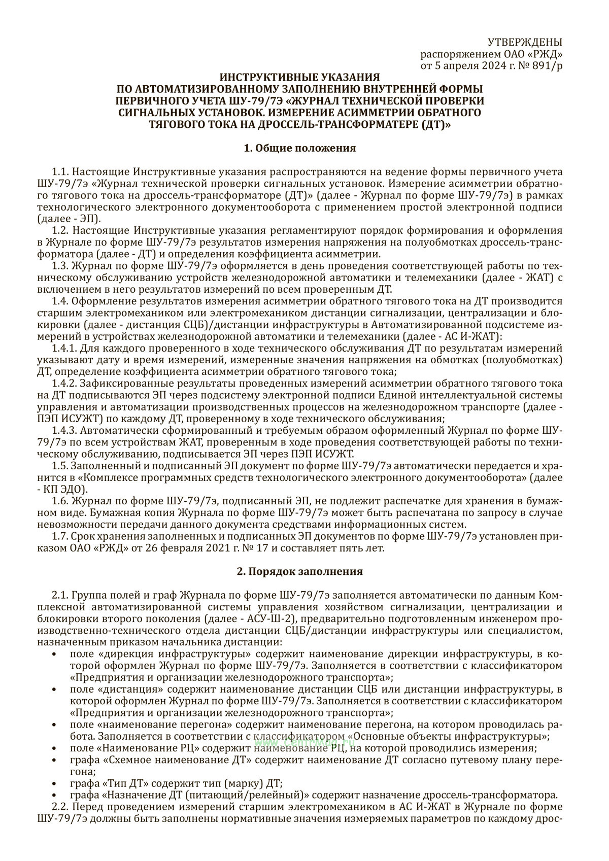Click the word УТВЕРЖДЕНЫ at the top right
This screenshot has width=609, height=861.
(x=525, y=42)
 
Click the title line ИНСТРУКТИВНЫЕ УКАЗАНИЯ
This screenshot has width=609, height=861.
(x=299, y=77)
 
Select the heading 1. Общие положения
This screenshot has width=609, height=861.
(x=299, y=148)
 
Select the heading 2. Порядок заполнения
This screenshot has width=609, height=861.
(x=299, y=571)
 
